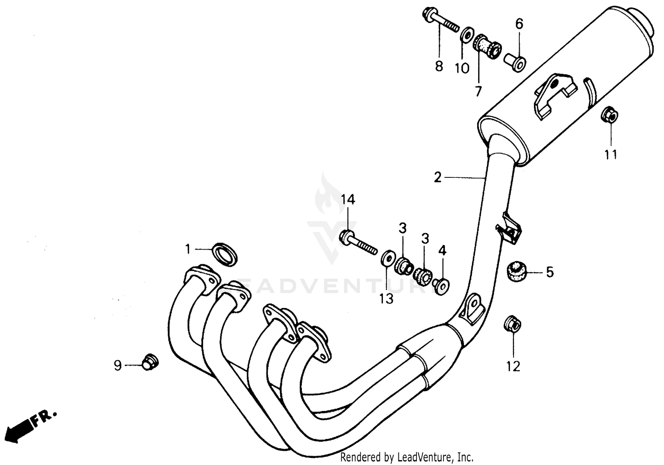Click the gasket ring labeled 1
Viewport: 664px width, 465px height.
(225, 254)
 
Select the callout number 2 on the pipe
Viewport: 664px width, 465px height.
(437, 178)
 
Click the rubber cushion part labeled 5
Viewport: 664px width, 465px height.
(516, 271)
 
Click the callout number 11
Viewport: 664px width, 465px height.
(611, 154)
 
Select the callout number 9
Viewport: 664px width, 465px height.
(117, 365)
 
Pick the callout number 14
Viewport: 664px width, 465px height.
(347, 200)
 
